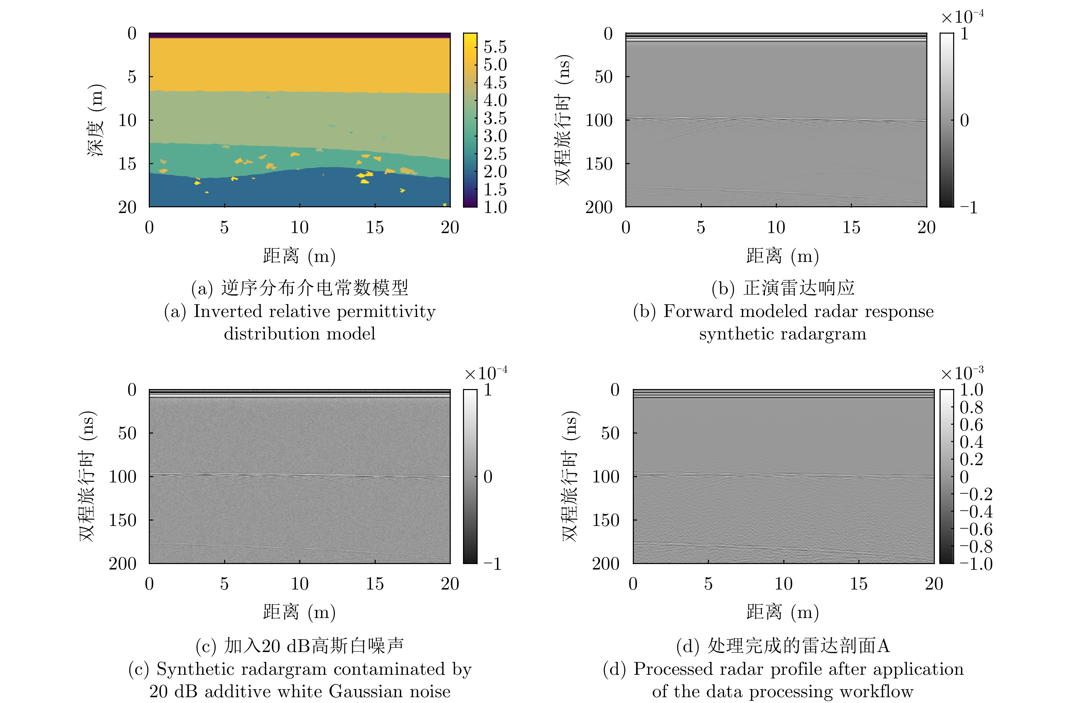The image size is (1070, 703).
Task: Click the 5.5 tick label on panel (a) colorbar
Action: (495, 47)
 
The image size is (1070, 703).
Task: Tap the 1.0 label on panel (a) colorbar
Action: (495, 207)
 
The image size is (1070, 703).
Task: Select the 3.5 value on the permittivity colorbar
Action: (495, 118)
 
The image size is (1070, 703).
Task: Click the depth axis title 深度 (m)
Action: (96, 120)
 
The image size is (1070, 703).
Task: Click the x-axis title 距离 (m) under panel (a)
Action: (299, 256)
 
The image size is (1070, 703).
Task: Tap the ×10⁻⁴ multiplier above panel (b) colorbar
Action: (962, 17)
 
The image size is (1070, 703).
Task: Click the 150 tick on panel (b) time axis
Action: (599, 164)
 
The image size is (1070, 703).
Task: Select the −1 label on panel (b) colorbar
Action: (969, 207)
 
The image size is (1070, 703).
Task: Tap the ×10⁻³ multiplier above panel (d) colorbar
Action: (962, 373)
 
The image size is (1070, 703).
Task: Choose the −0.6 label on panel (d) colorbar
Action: (976, 529)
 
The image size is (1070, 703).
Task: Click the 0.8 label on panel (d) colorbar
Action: (971, 407)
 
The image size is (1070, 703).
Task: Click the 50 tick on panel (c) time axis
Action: (127, 433)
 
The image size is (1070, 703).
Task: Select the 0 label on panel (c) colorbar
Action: (488, 477)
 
